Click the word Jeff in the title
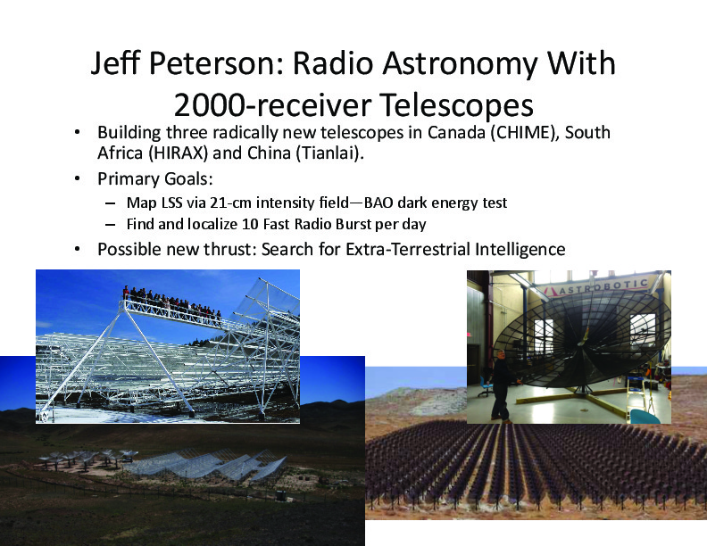[116, 62]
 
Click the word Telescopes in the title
[456, 106]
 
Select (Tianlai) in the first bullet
[329, 153]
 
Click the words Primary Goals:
[155, 178]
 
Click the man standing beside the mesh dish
[502, 386]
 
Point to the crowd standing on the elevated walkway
[172, 304]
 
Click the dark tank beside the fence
[281, 495]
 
